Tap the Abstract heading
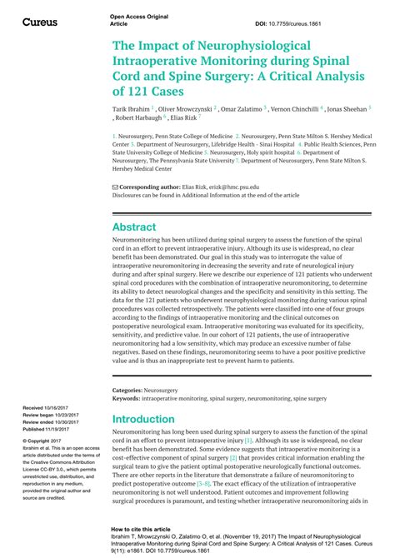point(134,227)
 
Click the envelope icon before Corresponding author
point(115,188)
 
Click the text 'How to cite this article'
point(142,528)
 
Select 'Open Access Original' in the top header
point(138,17)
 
